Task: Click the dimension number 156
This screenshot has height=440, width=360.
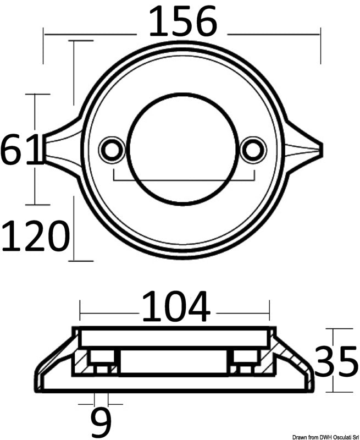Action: [x=183, y=23]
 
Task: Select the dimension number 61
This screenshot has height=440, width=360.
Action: [x=21, y=149]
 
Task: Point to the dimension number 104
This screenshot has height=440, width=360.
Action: [x=176, y=307]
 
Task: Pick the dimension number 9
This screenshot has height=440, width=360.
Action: [x=101, y=421]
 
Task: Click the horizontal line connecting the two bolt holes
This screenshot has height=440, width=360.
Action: [x=183, y=180]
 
